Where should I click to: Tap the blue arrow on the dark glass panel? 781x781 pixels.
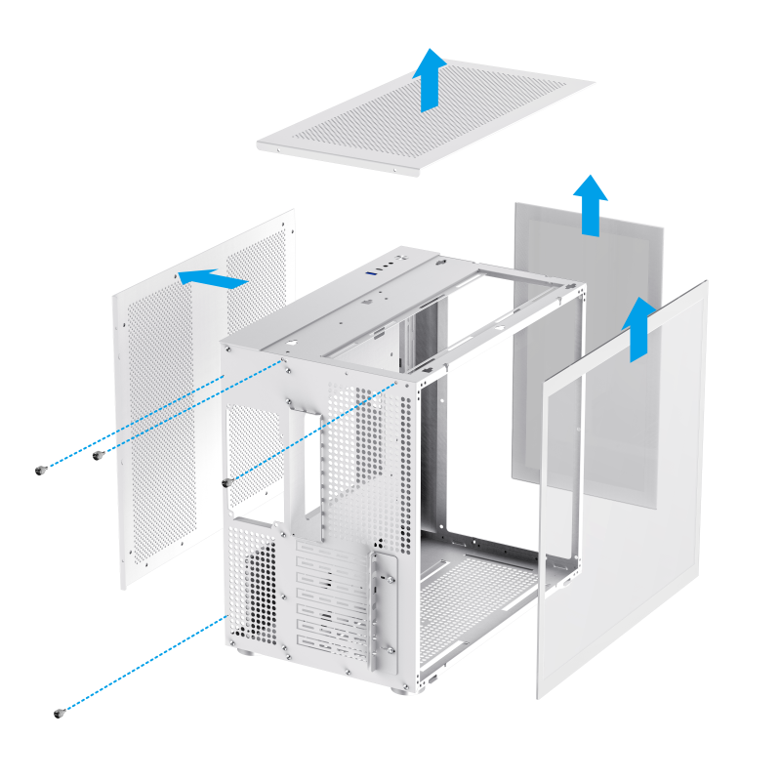pos(590,204)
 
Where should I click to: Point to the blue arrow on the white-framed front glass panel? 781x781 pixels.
pos(639,328)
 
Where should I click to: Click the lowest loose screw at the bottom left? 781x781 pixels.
pos(60,713)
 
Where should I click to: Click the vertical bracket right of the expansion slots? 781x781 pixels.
pos(383,605)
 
